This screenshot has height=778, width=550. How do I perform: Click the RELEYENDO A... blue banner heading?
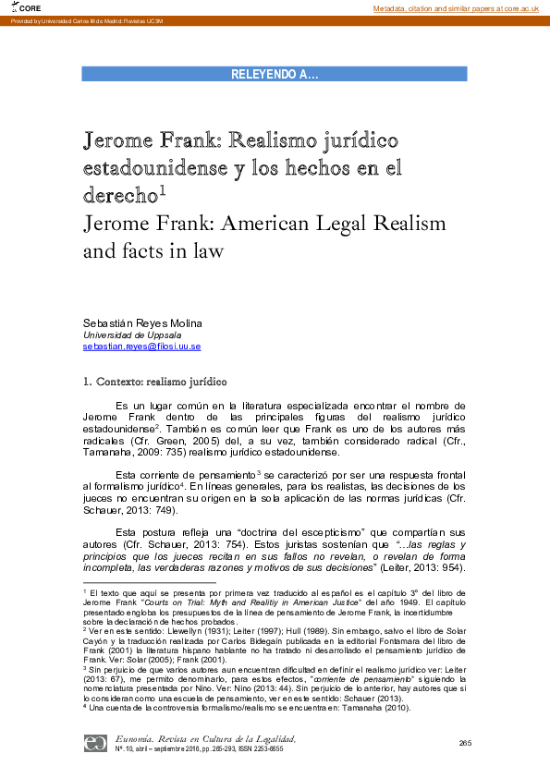point(275,75)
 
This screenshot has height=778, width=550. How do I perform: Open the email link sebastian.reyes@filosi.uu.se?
point(141,346)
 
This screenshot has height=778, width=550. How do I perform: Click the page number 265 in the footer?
point(465,743)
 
